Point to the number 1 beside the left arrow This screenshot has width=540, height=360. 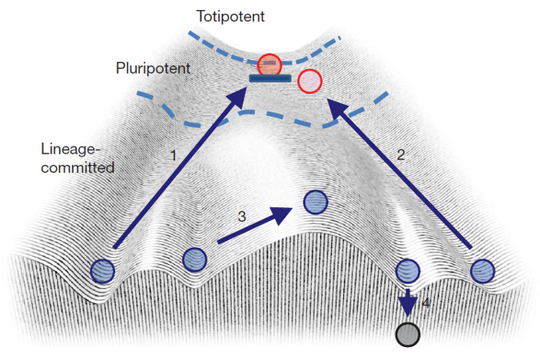click(174, 154)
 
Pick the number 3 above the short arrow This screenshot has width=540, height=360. click(241, 217)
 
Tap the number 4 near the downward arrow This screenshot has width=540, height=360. click(426, 302)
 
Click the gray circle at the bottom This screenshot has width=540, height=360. click(407, 335)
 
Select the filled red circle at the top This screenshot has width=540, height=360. click(270, 64)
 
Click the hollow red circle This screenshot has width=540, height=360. click(309, 81)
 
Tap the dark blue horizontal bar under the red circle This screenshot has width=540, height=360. click(268, 78)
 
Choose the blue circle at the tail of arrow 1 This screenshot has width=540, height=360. click(102, 269)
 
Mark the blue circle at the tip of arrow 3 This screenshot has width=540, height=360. click(316, 203)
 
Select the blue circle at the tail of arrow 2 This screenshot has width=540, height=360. click(482, 269)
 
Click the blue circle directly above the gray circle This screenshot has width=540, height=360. click(407, 269)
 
